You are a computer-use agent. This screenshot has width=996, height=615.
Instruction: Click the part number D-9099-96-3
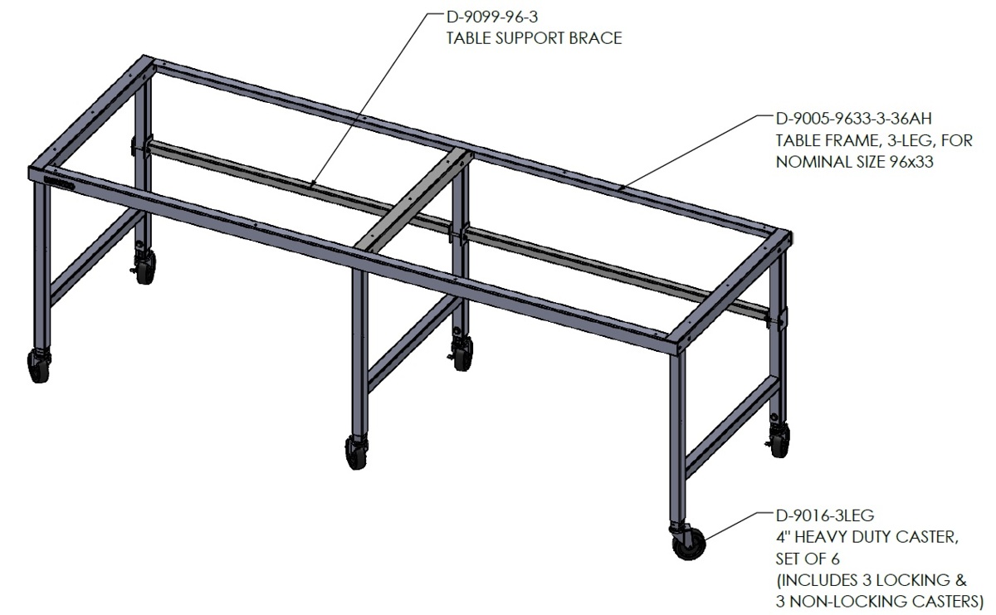(x=491, y=17)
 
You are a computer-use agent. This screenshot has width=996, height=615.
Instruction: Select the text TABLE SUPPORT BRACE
(x=534, y=38)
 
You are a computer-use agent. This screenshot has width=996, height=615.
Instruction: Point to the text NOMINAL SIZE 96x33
(x=855, y=162)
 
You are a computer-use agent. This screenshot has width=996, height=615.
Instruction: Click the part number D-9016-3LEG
(x=825, y=515)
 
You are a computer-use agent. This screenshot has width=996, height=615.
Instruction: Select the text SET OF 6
(x=808, y=559)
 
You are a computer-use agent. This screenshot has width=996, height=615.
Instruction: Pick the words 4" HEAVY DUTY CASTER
(x=867, y=537)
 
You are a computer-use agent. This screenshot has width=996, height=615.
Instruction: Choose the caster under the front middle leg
(x=356, y=452)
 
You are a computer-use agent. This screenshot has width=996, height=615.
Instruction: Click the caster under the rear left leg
(x=144, y=266)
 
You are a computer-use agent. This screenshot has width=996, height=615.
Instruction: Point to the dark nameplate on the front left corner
(x=59, y=183)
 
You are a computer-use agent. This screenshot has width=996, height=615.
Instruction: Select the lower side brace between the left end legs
(x=95, y=256)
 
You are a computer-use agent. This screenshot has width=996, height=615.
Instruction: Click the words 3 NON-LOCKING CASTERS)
(x=880, y=602)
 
